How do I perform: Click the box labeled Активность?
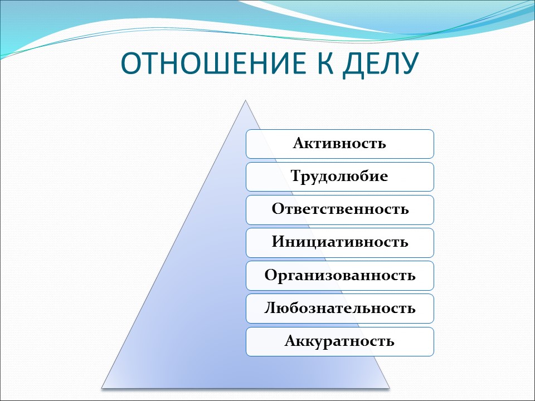tap(340, 144)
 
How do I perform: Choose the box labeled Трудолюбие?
tap(340, 177)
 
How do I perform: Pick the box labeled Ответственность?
tap(340, 209)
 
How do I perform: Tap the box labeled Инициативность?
tap(340, 242)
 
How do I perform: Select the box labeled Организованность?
tap(340, 275)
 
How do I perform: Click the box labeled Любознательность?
tap(340, 308)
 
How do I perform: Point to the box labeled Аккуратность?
tap(340, 341)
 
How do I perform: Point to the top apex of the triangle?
tap(245, 101)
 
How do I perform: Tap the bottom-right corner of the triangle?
tap(388, 387)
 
